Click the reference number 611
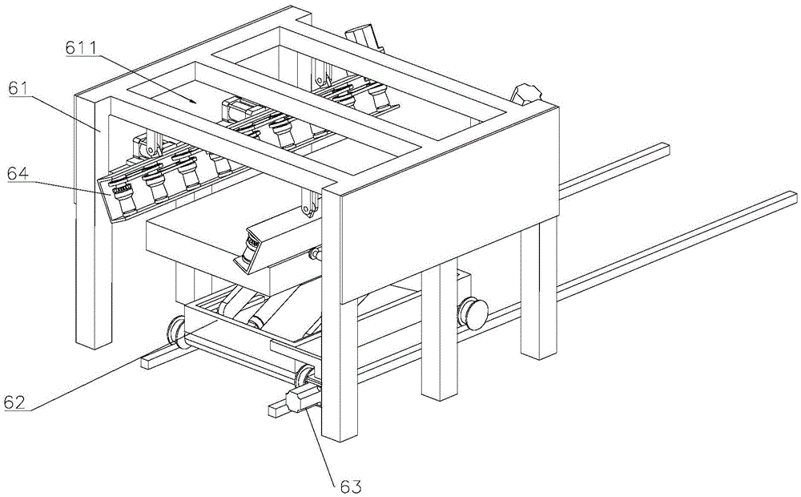pos(83,48)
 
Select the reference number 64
pos(18,173)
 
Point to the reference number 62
pos(14,402)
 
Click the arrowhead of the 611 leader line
pos(194,101)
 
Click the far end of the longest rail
pos(793,197)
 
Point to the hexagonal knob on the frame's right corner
pos(525,95)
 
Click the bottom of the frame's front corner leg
pos(339,436)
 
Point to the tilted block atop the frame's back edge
pos(364,38)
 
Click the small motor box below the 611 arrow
pos(235,111)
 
